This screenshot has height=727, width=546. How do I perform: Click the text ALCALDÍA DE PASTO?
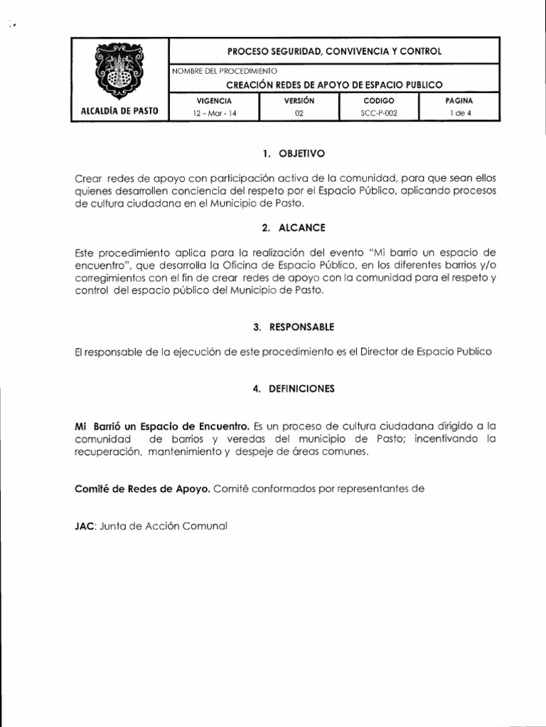pos(119,111)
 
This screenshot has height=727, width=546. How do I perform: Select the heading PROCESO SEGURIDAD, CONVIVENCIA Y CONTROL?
pos(333,51)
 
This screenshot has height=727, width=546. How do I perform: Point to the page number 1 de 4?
pos(459,113)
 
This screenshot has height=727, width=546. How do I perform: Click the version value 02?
pos(299,113)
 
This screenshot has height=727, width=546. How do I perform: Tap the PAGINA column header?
pos(459,102)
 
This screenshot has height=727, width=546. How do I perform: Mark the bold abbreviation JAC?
pos(85,527)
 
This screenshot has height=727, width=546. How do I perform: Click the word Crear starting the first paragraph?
pos(88,178)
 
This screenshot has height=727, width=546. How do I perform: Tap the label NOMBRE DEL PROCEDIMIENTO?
pos(225,71)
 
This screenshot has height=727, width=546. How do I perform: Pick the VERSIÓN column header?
pos(299,102)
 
